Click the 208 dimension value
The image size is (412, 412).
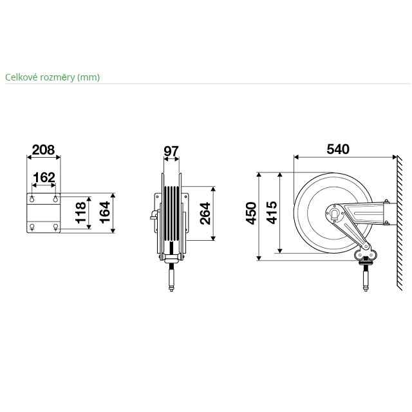pyautogui.click(x=43, y=150)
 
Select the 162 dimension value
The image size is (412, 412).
pyautogui.click(x=44, y=178)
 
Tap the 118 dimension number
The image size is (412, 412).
pyautogui.click(x=81, y=212)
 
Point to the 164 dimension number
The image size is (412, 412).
pyautogui.click(x=104, y=212)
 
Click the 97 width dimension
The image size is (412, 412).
pyautogui.click(x=171, y=151)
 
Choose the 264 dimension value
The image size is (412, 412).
pyautogui.click(x=205, y=213)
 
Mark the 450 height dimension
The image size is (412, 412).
pyautogui.click(x=251, y=213)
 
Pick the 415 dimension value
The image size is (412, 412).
pyautogui.click(x=272, y=212)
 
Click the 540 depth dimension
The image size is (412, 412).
pyautogui.click(x=338, y=149)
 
